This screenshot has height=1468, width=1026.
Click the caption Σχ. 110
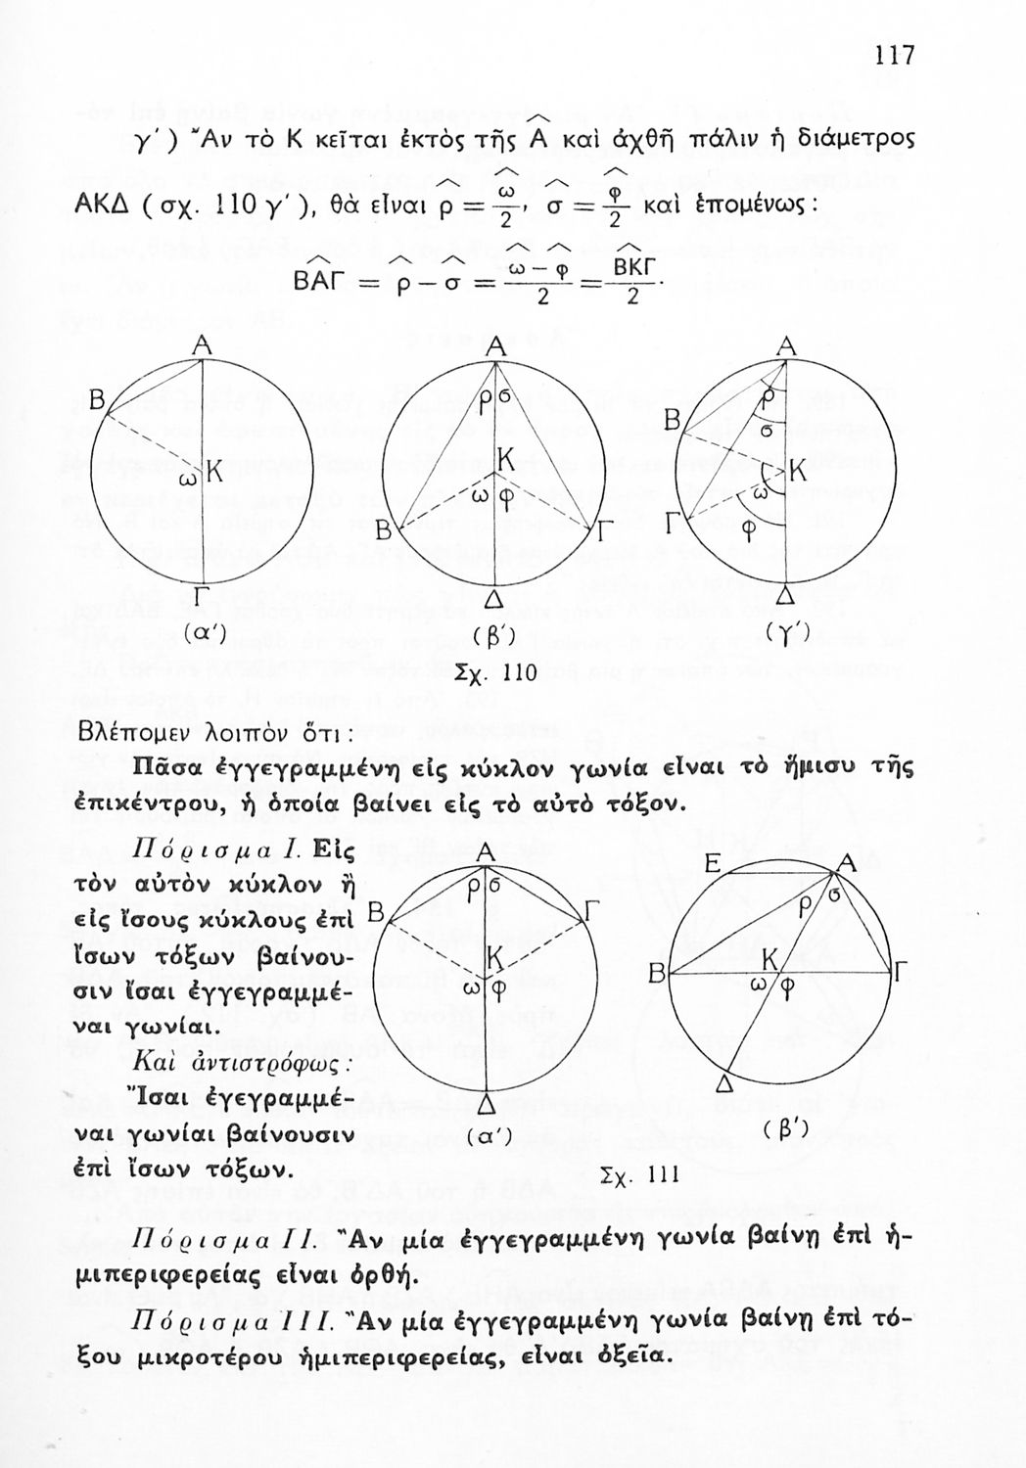click(x=494, y=673)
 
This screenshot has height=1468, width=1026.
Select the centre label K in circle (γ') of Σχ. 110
click(x=798, y=471)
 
